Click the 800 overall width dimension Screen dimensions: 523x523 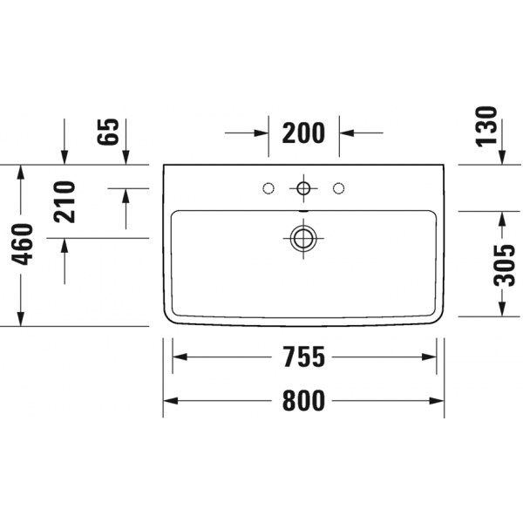303,401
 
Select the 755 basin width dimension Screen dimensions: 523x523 304,357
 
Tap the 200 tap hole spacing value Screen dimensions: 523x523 303,132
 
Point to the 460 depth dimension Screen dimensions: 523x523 23,244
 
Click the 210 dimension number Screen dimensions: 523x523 65,202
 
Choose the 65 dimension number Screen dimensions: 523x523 108,132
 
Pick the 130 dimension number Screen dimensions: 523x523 486,126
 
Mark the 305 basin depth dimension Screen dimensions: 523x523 504,266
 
